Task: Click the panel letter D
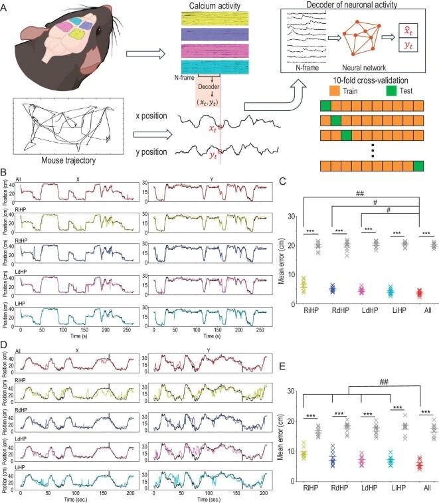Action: [x=5, y=346]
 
